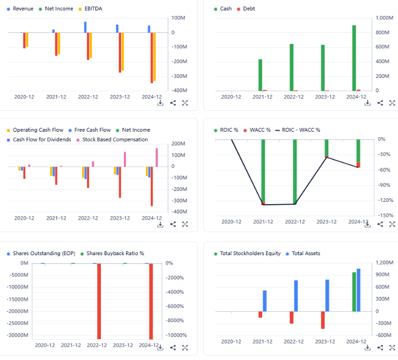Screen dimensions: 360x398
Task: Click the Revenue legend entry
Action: [22, 9]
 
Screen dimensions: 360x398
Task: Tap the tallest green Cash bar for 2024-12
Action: [354, 58]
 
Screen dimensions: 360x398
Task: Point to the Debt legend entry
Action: [249, 9]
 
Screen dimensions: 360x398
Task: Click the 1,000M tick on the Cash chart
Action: [384, 18]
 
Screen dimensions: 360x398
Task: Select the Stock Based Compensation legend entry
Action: [115, 139]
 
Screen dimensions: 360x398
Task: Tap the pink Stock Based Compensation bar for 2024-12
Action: [156, 157]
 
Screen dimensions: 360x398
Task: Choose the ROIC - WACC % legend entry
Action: [300, 130]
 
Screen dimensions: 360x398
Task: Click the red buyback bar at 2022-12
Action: [99, 301]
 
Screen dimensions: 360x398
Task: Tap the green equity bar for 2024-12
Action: [354, 291]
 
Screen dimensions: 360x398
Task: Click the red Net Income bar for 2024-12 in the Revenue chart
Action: [152, 58]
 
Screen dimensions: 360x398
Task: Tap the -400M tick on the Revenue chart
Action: [180, 91]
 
